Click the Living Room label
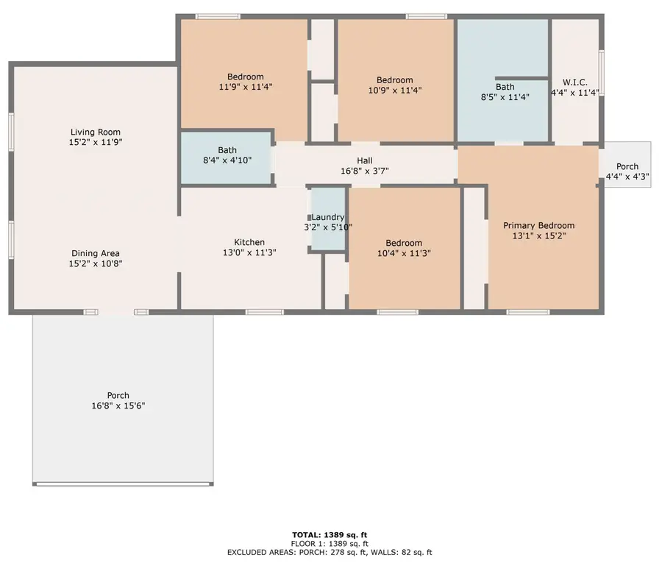[x=96, y=132]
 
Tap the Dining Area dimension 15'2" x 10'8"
[x=96, y=263]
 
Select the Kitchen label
[x=249, y=242]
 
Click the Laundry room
[x=327, y=222]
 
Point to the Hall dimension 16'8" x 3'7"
[x=365, y=171]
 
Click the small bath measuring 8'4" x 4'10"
[x=227, y=155]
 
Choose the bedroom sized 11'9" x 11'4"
[x=245, y=82]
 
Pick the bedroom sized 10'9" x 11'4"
[x=395, y=85]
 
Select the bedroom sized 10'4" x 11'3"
[x=404, y=248]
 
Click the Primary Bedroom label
[x=538, y=226]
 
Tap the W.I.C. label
[x=574, y=82]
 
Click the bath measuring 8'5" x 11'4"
[x=505, y=91]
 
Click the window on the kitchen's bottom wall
[x=265, y=312]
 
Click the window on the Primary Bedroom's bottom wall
[x=527, y=312]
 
